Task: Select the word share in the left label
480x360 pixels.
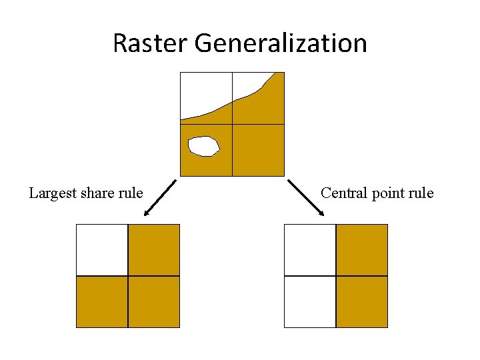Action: [98, 193]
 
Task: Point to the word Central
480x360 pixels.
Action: [343, 193]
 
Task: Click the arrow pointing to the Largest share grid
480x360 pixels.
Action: [160, 198]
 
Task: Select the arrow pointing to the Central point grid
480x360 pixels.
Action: [306, 197]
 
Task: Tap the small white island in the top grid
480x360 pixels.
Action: [203, 146]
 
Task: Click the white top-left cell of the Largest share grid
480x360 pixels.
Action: [102, 250]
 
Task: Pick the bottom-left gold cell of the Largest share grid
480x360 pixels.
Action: [102, 302]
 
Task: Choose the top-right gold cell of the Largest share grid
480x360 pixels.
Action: [154, 250]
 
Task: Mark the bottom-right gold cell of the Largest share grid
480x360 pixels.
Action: [154, 302]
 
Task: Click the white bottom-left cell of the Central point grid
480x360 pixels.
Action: [310, 302]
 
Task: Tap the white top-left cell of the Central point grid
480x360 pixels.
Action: [310, 250]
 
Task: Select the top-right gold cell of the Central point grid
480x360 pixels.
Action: [362, 250]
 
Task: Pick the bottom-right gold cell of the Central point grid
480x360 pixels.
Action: [362, 302]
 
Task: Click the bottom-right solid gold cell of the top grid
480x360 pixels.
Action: [258, 150]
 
